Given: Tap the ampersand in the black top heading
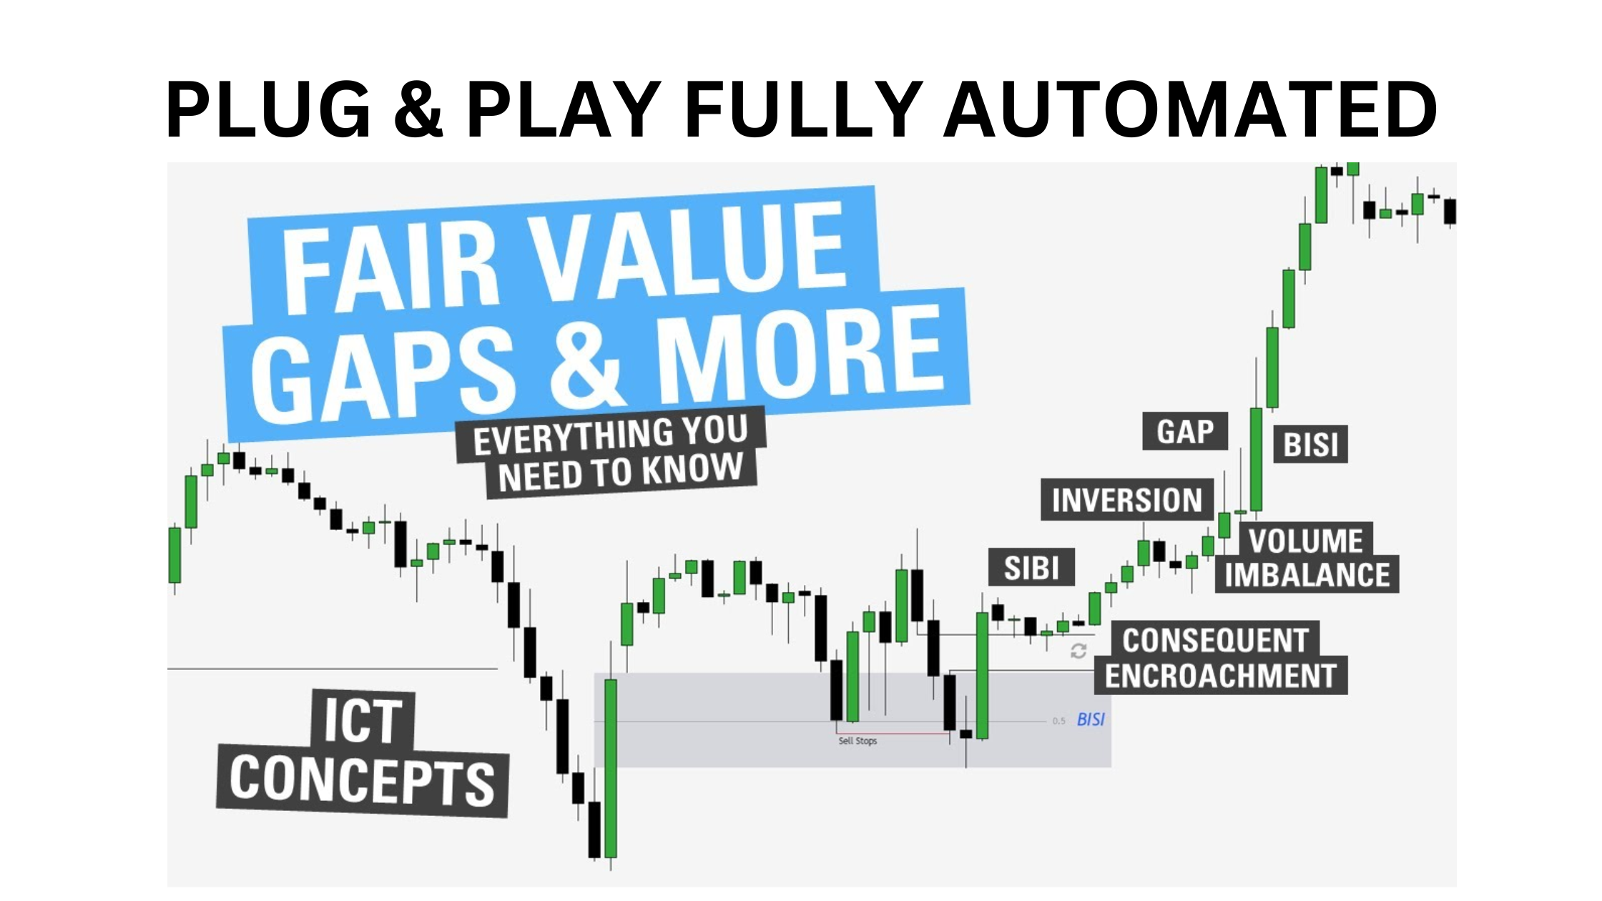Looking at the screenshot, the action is [419, 109].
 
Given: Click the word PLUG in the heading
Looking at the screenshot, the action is [269, 109].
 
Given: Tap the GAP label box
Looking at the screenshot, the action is [1185, 431].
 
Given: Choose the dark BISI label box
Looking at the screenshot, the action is [1310, 444].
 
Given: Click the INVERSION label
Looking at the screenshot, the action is [1127, 499].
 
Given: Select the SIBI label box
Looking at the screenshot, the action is [1031, 568].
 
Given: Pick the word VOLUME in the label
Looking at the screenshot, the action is [1306, 541].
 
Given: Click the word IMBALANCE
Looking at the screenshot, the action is [1307, 574].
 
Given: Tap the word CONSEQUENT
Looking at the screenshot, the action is [1215, 640].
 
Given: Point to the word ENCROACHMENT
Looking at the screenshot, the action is [1220, 675].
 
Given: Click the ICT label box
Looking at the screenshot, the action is [363, 719].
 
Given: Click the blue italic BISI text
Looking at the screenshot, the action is [1091, 719].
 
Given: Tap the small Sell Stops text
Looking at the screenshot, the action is [857, 741].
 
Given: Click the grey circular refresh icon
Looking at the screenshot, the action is [1078, 651].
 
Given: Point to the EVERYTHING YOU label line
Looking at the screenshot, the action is [610, 435].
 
